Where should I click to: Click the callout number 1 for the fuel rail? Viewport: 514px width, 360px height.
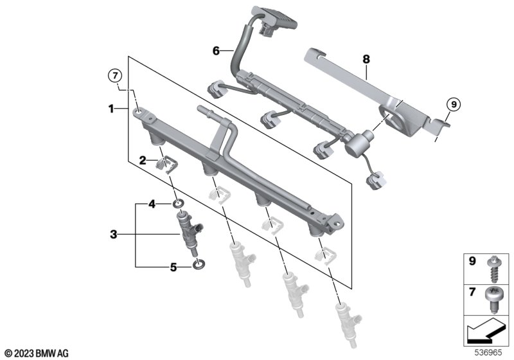click(x=111, y=109)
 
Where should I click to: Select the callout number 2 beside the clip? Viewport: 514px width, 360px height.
click(x=143, y=160)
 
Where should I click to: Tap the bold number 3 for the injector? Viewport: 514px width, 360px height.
click(x=114, y=235)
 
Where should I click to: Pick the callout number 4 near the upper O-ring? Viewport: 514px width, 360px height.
click(x=152, y=204)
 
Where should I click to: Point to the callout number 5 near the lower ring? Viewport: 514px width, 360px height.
click(x=173, y=267)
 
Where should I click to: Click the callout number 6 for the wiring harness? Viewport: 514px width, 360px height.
click(x=216, y=51)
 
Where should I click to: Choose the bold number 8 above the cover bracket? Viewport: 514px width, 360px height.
click(x=366, y=59)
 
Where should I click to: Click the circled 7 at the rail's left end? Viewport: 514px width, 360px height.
click(x=115, y=76)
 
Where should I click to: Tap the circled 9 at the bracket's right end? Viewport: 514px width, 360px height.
click(x=454, y=105)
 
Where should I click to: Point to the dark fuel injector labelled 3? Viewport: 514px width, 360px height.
click(x=188, y=231)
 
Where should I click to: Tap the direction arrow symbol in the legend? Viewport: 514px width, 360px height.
click(x=486, y=331)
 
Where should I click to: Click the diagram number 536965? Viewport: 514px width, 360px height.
click(x=488, y=352)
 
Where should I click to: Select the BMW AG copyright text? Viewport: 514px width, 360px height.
click(x=37, y=354)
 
